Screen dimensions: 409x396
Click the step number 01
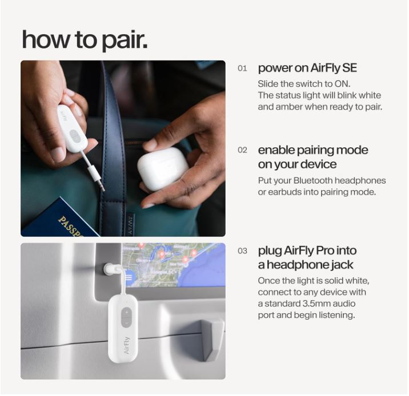click(242, 68)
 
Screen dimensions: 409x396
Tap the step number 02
click(242, 150)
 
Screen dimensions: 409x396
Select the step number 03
click(242, 251)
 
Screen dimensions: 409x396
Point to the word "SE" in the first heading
click(349, 68)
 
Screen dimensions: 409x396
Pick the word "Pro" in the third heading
click(325, 250)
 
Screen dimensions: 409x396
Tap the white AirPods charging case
click(163, 169)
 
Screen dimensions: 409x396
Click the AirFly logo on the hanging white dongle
click(126, 345)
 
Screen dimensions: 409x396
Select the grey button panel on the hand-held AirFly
click(75, 136)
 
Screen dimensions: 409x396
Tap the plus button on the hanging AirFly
click(126, 312)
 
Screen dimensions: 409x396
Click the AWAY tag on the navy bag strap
click(130, 225)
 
